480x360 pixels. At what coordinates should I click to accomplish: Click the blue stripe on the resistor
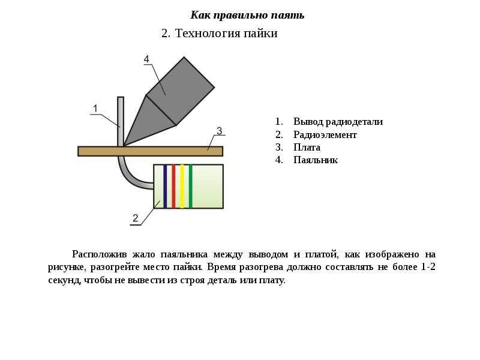(x=165, y=187)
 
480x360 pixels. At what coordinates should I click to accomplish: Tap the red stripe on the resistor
(x=173, y=187)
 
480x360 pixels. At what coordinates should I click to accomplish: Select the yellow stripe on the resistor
(x=182, y=187)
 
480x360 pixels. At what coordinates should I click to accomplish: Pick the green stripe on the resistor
(x=190, y=187)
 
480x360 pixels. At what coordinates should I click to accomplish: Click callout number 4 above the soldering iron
(x=146, y=59)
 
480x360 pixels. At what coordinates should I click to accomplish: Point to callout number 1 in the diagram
(x=95, y=109)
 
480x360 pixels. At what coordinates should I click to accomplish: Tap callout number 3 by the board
(x=219, y=131)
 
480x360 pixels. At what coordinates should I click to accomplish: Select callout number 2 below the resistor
(x=136, y=218)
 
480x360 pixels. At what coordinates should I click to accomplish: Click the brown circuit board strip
(x=151, y=151)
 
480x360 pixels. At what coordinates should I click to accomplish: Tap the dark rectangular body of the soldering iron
(x=181, y=91)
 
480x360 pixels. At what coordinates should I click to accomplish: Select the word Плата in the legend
(x=307, y=147)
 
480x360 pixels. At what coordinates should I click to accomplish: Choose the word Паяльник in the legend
(x=316, y=160)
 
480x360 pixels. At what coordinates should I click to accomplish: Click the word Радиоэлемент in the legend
(x=325, y=134)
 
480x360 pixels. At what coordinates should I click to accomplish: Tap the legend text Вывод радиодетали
(x=338, y=122)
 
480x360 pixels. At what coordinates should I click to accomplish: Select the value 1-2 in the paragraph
(x=428, y=266)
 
